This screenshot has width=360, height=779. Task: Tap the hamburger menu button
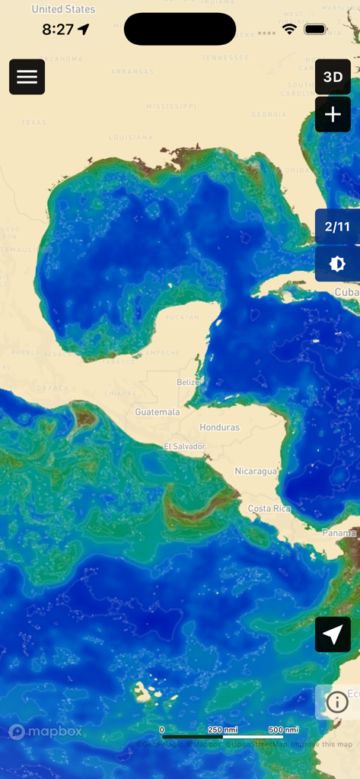[27, 77]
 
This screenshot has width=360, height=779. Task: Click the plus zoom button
[333, 115]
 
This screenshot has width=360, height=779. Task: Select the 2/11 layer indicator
[337, 227]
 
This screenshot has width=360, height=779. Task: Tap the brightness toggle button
[337, 264]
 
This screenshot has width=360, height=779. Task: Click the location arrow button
[333, 634]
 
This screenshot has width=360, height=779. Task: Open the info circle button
[337, 702]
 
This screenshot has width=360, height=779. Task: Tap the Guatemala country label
[158, 412]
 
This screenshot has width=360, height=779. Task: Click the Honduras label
[219, 428]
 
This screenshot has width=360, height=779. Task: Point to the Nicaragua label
[256, 471]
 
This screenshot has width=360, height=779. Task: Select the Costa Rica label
[269, 508]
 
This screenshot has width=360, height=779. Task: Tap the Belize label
[188, 382]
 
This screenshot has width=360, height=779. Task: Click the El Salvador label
[184, 447]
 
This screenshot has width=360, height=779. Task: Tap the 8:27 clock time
[58, 30]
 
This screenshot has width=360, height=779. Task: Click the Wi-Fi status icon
[289, 29]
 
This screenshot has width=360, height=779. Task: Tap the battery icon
[315, 29]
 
